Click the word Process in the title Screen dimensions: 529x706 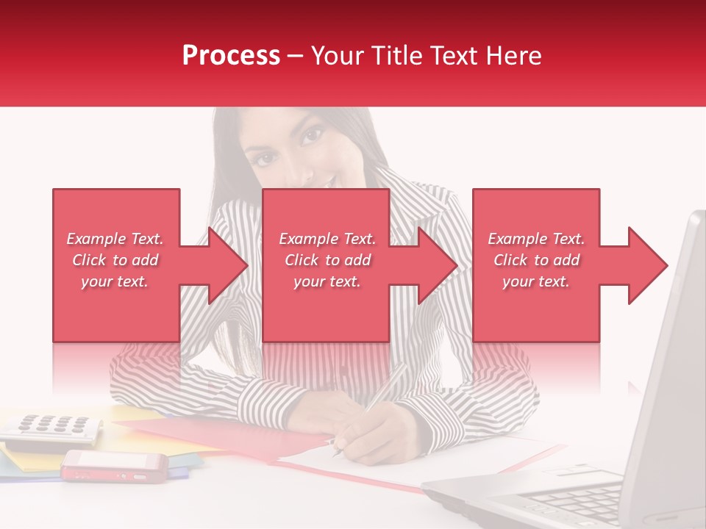[231, 56]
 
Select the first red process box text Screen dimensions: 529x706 [115, 260]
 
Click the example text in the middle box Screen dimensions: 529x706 [327, 260]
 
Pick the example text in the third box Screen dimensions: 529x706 [536, 260]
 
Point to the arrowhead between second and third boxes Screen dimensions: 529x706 [437, 265]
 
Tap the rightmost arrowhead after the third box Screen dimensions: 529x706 [647, 265]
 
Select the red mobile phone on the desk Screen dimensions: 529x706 [114, 466]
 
